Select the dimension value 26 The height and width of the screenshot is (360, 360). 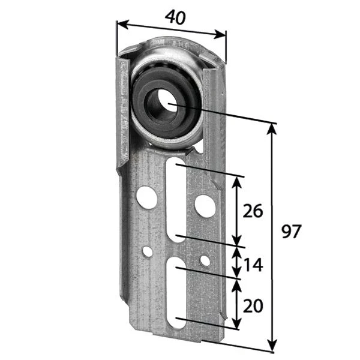click(x=254, y=211)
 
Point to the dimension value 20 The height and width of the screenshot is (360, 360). click(x=253, y=306)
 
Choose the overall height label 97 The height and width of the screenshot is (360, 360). click(x=291, y=232)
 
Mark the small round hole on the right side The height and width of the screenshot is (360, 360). click(x=205, y=261)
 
